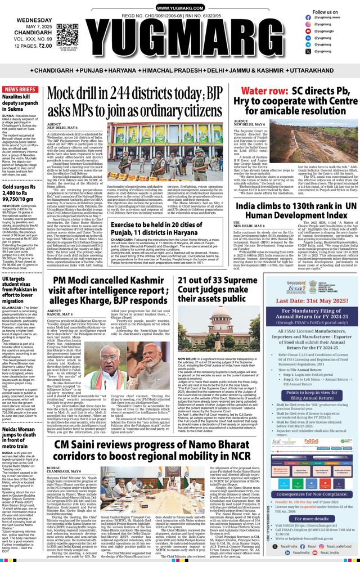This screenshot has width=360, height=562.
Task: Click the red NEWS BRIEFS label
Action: coord(22,90)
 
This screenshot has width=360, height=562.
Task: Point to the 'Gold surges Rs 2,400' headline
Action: coord(22,191)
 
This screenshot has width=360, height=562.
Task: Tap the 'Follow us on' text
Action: coord(325,12)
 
